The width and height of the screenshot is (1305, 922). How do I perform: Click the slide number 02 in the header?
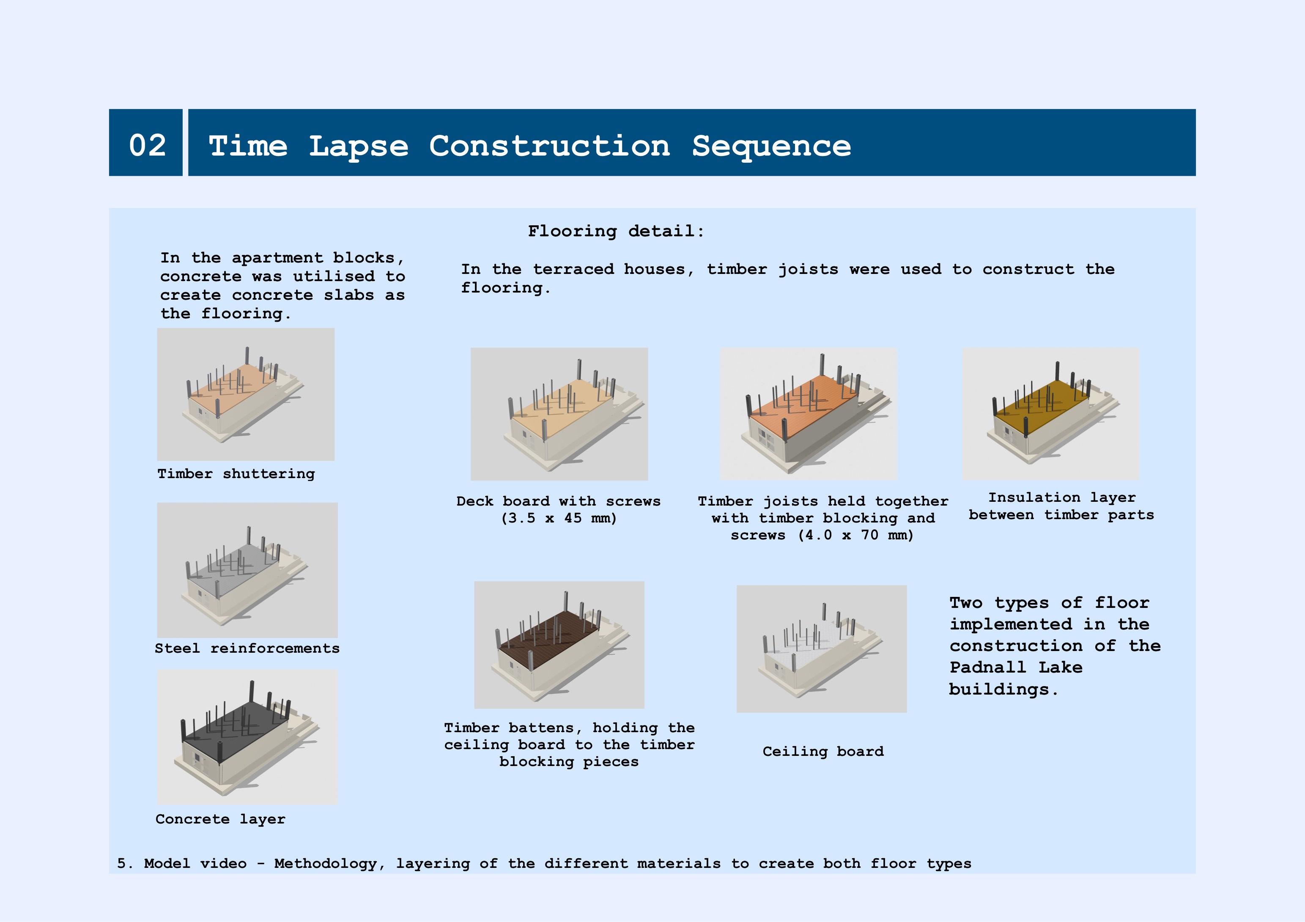point(147,145)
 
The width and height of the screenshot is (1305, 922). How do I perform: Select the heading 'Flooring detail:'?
point(616,231)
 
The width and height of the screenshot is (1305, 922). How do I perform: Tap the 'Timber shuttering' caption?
point(236,474)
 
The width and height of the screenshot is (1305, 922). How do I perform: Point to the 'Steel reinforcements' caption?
point(247,648)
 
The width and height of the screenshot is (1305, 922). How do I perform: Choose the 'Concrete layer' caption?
point(221,819)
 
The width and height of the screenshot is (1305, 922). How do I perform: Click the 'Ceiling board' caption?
point(823,752)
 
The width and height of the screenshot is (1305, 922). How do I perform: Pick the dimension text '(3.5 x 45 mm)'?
point(559,518)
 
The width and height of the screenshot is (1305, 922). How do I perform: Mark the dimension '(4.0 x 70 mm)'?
point(855,535)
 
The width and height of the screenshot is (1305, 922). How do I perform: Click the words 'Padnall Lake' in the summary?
point(1016,667)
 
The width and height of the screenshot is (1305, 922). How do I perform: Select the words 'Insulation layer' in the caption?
point(1062,498)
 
